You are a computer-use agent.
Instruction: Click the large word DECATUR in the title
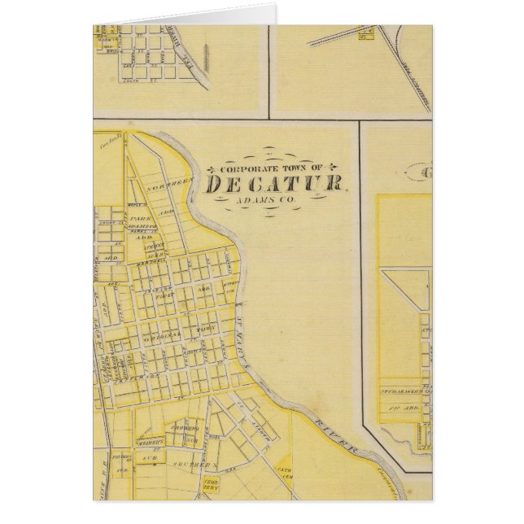(274, 185)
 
